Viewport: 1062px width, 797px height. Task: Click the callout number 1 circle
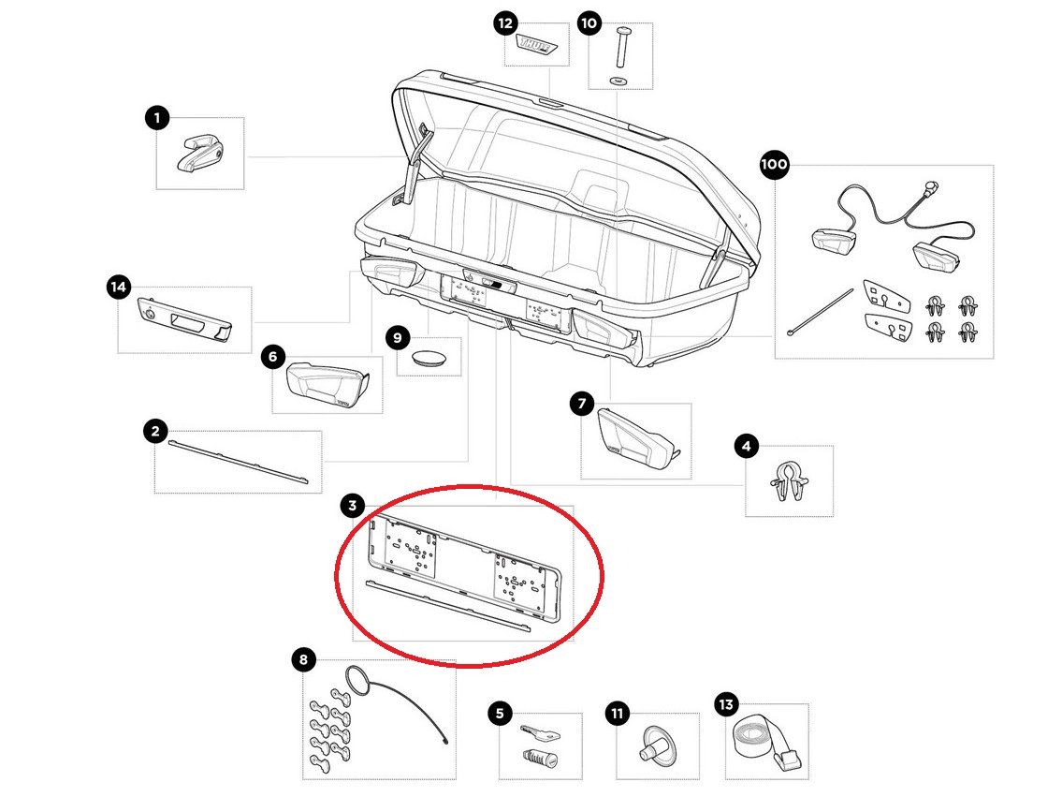[156, 118]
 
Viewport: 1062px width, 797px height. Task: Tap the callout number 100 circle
[774, 166]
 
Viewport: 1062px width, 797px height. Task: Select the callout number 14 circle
[118, 288]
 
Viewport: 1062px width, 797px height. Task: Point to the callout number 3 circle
[352, 507]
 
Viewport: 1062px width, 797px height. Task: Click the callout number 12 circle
[505, 23]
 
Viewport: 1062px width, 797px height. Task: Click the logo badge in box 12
[538, 46]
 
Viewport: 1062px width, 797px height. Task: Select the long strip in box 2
[238, 460]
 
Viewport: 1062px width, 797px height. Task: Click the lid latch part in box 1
[199, 153]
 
